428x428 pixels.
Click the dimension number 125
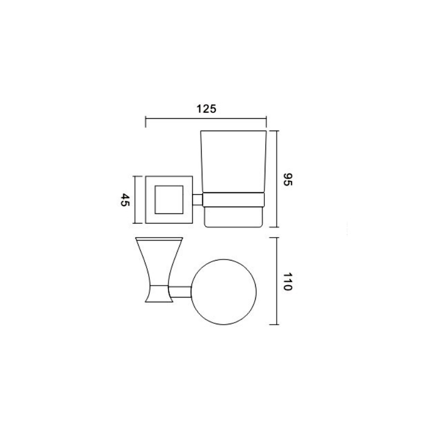(207, 109)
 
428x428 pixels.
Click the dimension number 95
(288, 179)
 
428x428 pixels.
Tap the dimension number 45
(125, 200)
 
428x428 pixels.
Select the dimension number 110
(287, 281)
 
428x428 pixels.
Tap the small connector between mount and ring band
(197, 200)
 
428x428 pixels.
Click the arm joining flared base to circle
(180, 292)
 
